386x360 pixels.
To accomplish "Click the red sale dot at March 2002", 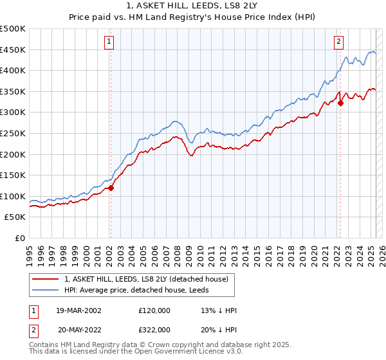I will pos(111,188).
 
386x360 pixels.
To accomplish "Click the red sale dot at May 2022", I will pos(341,103).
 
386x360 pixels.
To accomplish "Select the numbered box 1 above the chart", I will pos(109,42).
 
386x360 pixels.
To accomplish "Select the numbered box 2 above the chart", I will pos(338,42).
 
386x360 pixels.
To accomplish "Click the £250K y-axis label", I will pos(13,133).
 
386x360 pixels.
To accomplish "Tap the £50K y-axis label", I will pos(15,217).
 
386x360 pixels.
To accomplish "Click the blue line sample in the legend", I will pos(46,291).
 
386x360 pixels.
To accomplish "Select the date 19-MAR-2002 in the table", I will pos(78,310).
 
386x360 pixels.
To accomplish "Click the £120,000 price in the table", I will pos(154,310).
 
